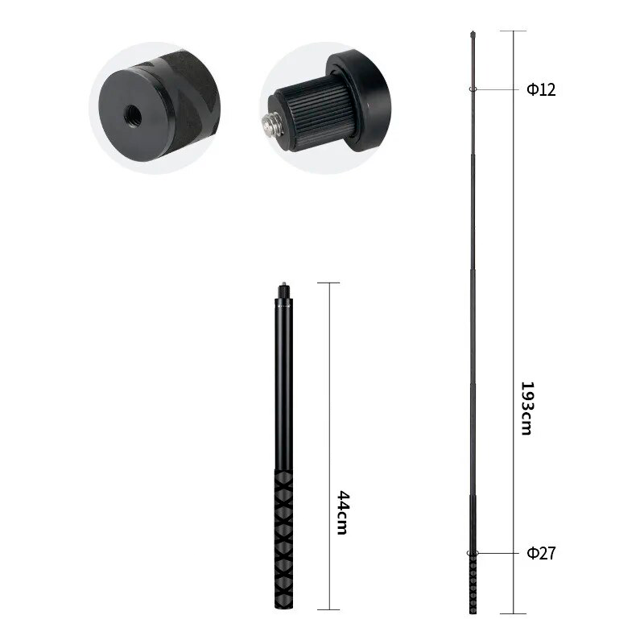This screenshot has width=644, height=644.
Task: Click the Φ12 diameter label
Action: point(541,89)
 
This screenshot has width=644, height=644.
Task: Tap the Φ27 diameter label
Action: point(541,553)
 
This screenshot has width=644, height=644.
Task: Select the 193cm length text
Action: point(525,409)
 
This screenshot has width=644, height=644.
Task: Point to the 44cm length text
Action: point(341,513)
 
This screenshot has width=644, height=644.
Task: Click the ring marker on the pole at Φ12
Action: point(471,89)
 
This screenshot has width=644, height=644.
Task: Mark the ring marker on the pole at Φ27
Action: point(472,553)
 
